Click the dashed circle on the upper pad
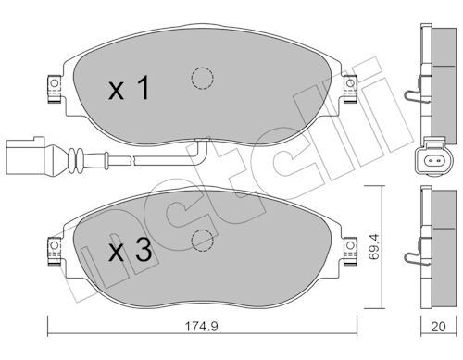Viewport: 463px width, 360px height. [x=199, y=80]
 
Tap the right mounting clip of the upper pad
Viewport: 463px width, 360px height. [x=349, y=87]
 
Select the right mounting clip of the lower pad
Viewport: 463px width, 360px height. [x=349, y=249]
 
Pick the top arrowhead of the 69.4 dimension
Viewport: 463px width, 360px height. [x=373, y=188]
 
